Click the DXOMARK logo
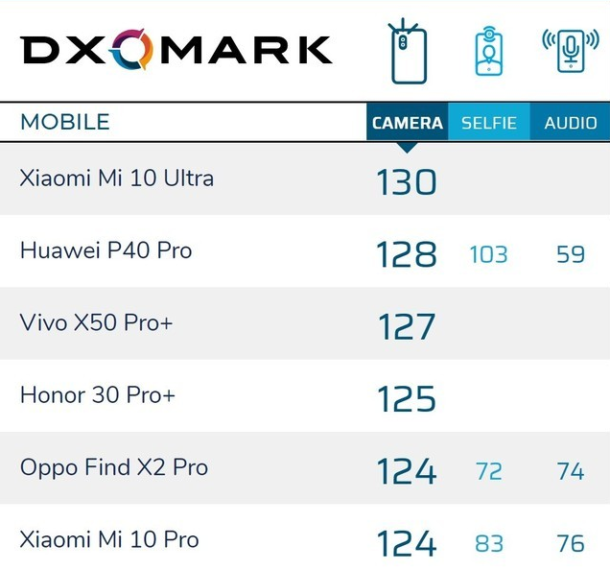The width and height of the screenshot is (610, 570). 176,49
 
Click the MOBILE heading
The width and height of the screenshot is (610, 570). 65,123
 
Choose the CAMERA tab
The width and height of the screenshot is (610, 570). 407,123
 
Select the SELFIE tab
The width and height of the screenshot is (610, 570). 489,123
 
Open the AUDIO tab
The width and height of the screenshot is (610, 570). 571,123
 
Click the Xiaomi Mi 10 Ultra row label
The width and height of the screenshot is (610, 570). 116,178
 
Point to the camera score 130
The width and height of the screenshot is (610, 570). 406,181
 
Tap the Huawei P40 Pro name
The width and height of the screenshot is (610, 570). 106,251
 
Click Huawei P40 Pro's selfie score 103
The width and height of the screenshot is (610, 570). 488,254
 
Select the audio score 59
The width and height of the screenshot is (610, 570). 571,254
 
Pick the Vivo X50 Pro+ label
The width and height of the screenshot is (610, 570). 96,323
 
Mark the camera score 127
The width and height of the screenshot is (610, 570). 406,326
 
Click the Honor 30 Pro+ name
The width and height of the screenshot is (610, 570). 97,395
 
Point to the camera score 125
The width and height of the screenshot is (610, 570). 406,398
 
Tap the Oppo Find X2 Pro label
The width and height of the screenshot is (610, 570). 113,468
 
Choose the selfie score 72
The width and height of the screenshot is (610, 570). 488,471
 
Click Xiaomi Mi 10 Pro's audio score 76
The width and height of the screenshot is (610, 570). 571,544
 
